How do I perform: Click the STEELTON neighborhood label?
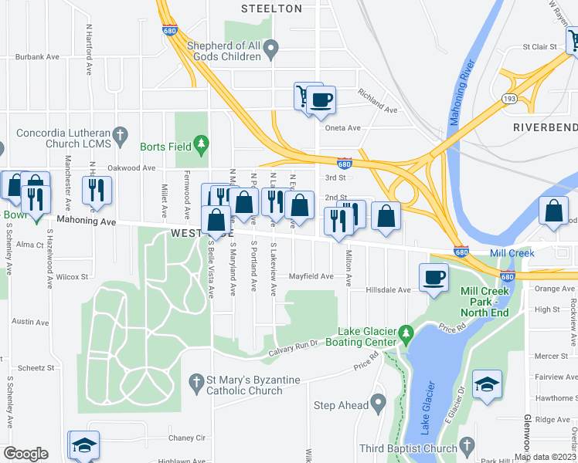click(270, 8)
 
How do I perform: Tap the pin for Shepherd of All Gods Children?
click(270, 51)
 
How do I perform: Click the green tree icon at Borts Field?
click(201, 144)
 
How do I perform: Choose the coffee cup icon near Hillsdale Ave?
click(433, 276)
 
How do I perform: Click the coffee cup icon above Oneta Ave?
click(321, 100)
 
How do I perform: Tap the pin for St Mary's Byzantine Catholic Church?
click(197, 381)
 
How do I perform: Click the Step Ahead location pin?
click(378, 401)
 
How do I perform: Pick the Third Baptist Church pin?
click(465, 444)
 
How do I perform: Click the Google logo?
click(25, 454)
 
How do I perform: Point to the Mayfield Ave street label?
click(311, 276)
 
